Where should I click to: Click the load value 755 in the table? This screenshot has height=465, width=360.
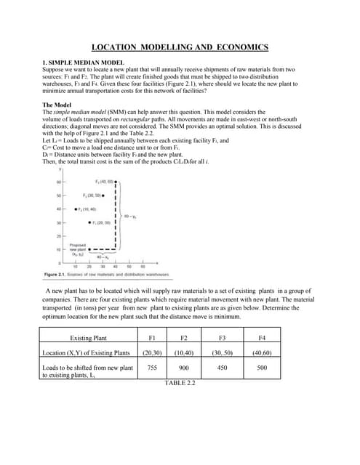[x=152, y=368]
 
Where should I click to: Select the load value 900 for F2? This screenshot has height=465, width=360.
[x=184, y=368]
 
